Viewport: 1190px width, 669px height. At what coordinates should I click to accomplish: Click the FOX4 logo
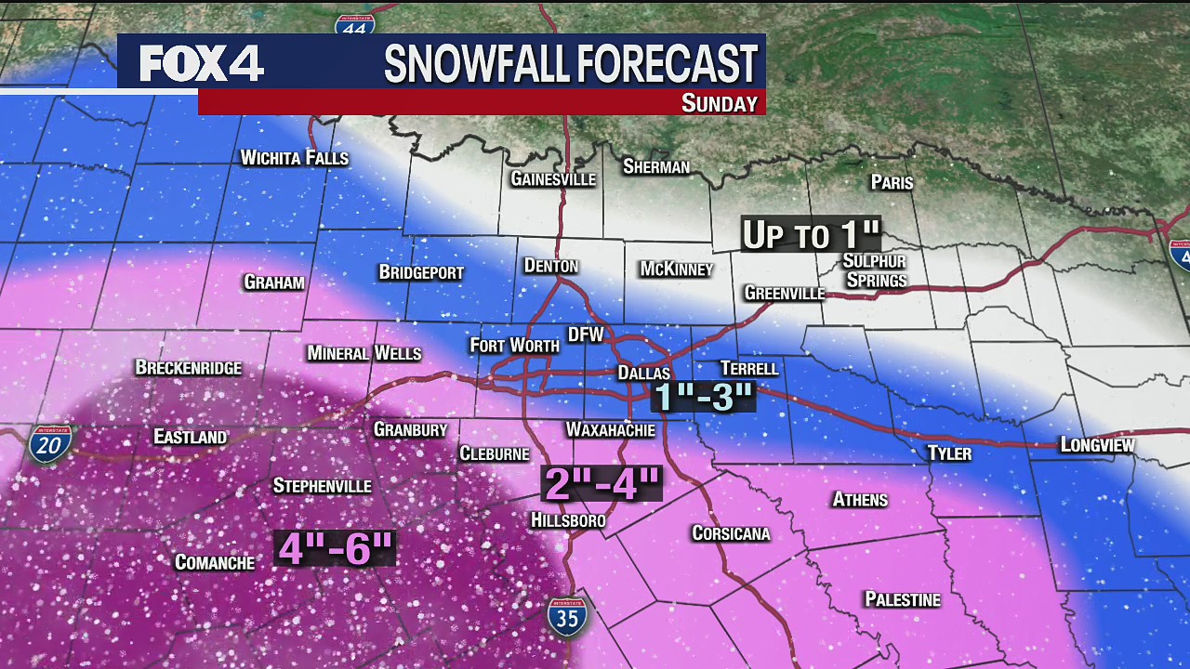click(x=202, y=63)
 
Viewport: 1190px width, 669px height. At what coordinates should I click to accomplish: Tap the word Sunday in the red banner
click(x=719, y=103)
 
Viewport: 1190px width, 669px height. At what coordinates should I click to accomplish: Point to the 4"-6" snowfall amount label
click(x=336, y=548)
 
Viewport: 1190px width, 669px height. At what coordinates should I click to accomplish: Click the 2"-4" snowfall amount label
click(x=602, y=483)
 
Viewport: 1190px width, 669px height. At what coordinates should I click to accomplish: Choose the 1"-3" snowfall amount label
click(x=703, y=397)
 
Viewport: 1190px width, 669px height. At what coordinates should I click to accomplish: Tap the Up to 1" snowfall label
click(x=810, y=235)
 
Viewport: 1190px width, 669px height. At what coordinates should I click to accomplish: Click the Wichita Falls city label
click(x=294, y=158)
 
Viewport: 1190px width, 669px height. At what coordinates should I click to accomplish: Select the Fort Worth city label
click(x=514, y=346)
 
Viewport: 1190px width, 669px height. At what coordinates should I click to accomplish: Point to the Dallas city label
click(x=644, y=373)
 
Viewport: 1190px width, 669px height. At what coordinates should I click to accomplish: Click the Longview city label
click(x=1097, y=445)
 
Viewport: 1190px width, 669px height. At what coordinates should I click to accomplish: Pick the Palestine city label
click(x=902, y=599)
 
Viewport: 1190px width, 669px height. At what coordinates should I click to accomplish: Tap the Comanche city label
click(x=215, y=562)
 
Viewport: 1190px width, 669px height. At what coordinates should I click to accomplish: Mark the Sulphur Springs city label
click(x=874, y=270)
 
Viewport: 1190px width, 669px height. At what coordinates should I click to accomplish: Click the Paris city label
click(x=892, y=182)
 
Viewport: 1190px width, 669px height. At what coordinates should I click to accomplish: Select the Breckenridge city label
click(x=188, y=368)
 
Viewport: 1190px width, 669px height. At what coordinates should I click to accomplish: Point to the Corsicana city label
click(x=731, y=533)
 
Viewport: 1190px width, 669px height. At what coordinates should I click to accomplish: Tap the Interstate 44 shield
click(x=355, y=23)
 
